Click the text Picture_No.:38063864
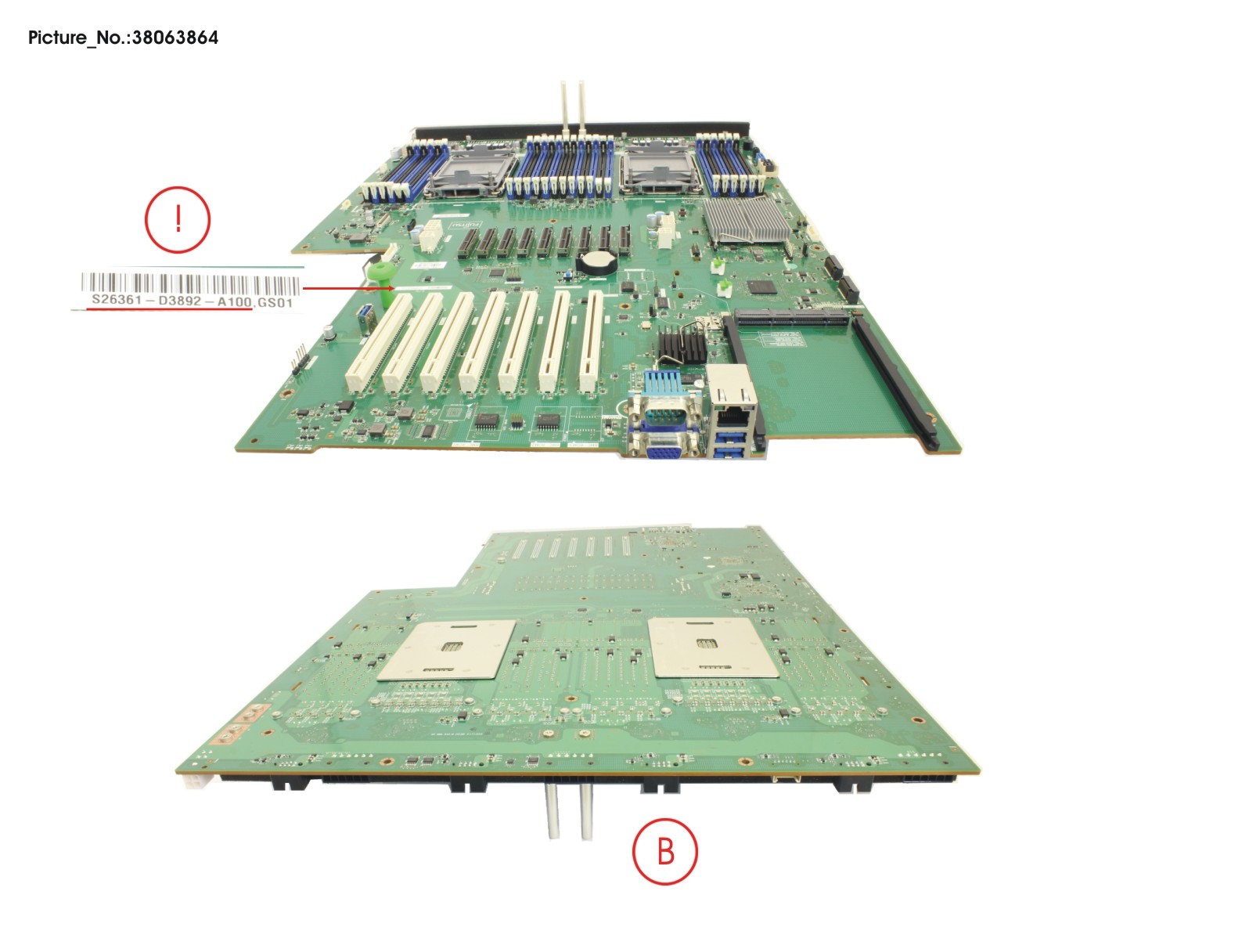pos(123,38)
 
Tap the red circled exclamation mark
pos(178,219)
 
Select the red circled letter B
pos(664,851)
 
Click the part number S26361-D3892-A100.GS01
pos(192,301)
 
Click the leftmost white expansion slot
pos(380,345)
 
